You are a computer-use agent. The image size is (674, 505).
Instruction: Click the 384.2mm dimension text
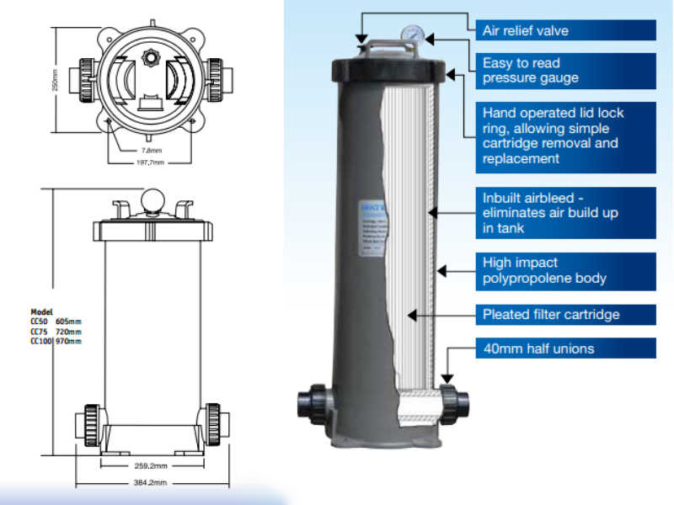pos(152,482)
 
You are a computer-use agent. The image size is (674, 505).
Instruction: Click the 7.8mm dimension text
pos(152,150)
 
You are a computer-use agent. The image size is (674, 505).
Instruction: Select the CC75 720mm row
pos(56,331)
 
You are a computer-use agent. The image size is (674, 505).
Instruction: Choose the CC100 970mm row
pos(56,340)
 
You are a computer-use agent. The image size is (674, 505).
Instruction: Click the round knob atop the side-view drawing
pos(152,199)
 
